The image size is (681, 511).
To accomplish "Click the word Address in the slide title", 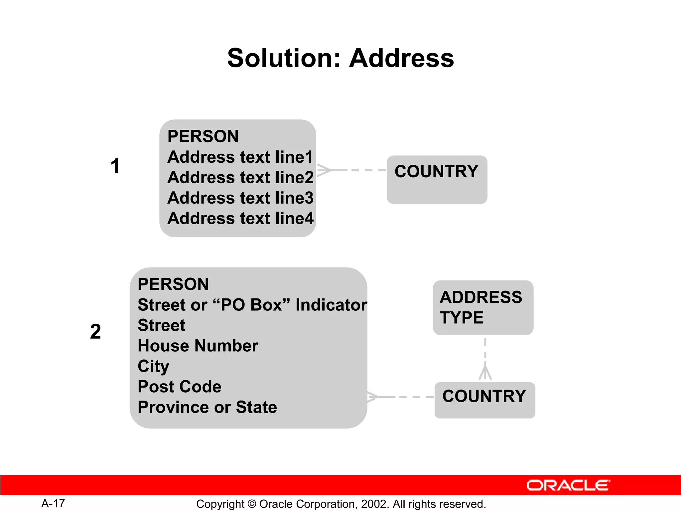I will (x=401, y=58).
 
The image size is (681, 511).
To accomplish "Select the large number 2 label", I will (x=95, y=331).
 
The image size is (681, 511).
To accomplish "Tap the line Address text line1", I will (x=240, y=157).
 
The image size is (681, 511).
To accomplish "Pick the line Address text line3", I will (x=240, y=198).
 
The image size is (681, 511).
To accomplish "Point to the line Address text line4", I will (x=240, y=219).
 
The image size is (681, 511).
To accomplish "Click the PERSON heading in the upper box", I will (x=203, y=136).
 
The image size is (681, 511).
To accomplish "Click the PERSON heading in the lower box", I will (x=173, y=284).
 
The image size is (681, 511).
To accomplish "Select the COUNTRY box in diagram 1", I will (x=437, y=180).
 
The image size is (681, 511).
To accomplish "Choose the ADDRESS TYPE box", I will (x=483, y=307).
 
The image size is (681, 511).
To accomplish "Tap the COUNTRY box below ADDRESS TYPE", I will (x=484, y=400).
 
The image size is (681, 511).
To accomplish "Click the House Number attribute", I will (x=198, y=346).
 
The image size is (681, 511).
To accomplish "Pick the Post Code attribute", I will (x=180, y=387).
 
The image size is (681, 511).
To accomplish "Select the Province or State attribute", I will (x=207, y=407).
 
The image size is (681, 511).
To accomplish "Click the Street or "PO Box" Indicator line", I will (x=252, y=305).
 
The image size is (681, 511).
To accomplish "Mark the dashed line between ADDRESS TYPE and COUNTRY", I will (x=485, y=353).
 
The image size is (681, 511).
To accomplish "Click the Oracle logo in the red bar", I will (x=568, y=485).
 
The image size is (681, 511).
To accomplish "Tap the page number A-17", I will (x=53, y=503).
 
